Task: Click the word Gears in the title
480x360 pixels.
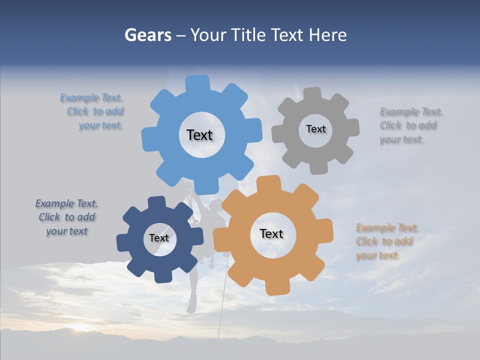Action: pyautogui.click(x=147, y=35)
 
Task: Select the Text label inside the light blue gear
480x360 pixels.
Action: pyautogui.click(x=199, y=135)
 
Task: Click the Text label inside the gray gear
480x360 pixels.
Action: pyautogui.click(x=315, y=129)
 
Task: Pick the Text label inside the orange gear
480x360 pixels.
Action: pyautogui.click(x=271, y=233)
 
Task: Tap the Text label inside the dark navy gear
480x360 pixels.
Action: pyautogui.click(x=159, y=238)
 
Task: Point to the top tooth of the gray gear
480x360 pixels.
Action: pyautogui.click(x=312, y=94)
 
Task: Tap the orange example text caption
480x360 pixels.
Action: pyautogui.click(x=387, y=241)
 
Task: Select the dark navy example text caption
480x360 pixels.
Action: pyautogui.click(x=66, y=217)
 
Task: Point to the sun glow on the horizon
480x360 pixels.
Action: pyautogui.click(x=80, y=328)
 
